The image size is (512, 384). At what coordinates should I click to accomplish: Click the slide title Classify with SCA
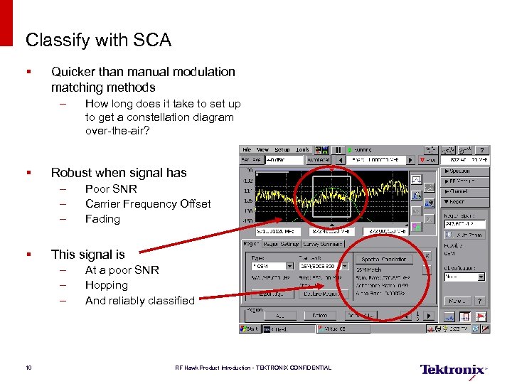[98, 41]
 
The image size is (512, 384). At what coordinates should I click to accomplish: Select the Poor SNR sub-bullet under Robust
[111, 189]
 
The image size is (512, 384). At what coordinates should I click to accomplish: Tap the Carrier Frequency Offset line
[148, 204]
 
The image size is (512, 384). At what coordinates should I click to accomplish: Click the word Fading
[102, 219]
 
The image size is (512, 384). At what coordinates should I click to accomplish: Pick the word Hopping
[107, 285]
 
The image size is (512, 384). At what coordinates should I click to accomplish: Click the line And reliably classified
[139, 301]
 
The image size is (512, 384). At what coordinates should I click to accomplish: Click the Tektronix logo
[453, 370]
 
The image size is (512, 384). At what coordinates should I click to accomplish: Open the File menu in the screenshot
[247, 150]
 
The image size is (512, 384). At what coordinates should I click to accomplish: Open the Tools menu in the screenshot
[302, 150]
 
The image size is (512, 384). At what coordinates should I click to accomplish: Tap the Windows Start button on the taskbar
[250, 329]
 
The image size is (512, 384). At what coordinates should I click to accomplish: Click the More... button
[458, 302]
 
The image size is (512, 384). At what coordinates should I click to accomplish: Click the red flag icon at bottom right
[481, 316]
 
